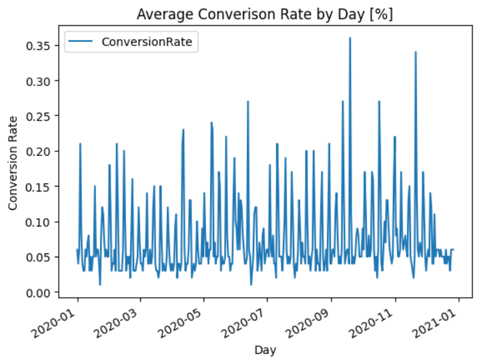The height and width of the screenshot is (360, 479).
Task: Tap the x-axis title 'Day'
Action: (x=265, y=349)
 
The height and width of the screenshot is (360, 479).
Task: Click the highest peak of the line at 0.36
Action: (x=350, y=38)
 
